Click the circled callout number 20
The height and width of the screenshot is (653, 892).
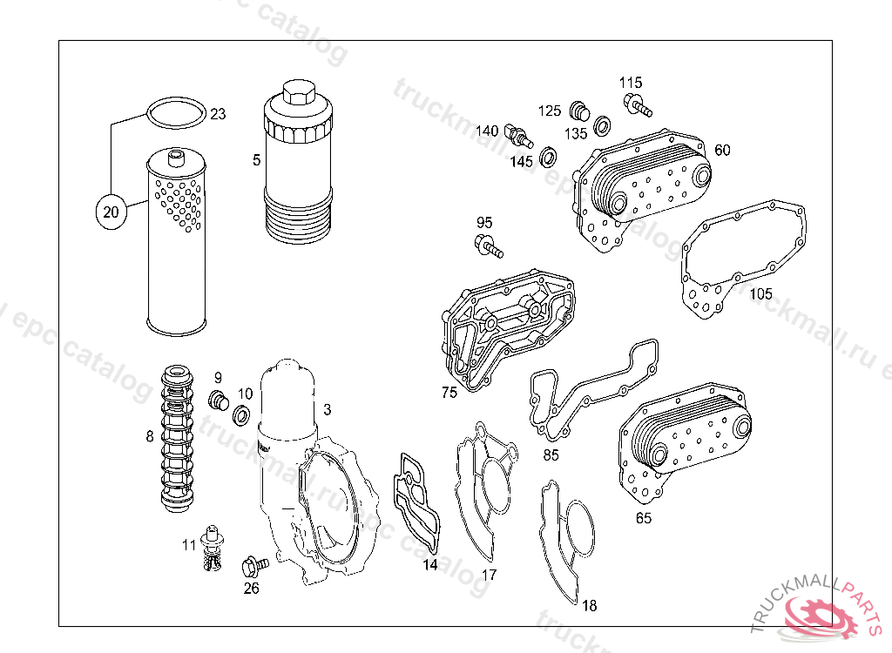click(108, 212)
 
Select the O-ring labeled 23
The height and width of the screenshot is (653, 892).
click(177, 114)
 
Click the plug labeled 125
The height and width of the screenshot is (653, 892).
click(578, 111)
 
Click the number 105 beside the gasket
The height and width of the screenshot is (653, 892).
click(760, 293)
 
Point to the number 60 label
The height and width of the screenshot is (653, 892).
click(722, 150)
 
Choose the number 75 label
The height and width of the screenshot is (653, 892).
click(449, 393)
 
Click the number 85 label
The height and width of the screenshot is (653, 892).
click(551, 454)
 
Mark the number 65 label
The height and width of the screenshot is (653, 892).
click(643, 518)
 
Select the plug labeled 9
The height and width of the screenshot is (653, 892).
click(219, 401)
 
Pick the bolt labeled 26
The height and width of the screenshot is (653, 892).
click(253, 566)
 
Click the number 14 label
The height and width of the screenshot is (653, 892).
click(429, 564)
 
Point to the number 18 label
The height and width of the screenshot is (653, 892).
click(590, 605)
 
